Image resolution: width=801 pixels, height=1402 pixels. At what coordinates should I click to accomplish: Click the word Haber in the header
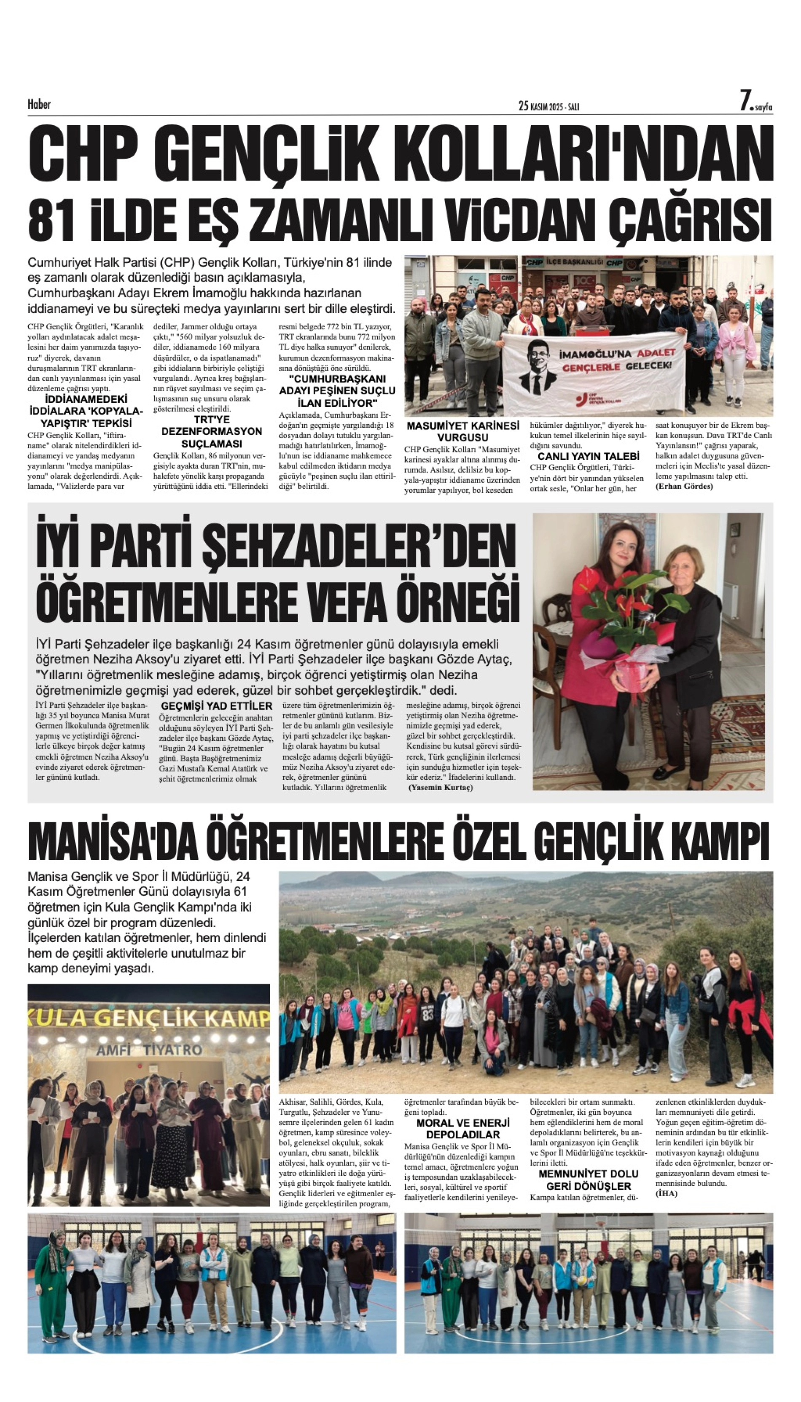tap(39, 104)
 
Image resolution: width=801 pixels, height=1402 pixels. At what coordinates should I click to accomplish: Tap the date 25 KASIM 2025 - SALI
tap(548, 106)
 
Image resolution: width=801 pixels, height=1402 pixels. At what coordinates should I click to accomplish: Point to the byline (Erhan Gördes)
tap(684, 487)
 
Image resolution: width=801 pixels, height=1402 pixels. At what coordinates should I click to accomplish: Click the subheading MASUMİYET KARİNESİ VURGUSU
tap(462, 431)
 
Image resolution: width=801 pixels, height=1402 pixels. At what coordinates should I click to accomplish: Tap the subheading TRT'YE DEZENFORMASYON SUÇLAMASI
tap(211, 431)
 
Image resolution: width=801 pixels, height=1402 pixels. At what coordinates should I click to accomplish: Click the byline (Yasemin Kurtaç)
tap(440, 787)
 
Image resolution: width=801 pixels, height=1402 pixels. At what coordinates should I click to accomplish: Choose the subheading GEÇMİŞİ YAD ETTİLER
tap(216, 706)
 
